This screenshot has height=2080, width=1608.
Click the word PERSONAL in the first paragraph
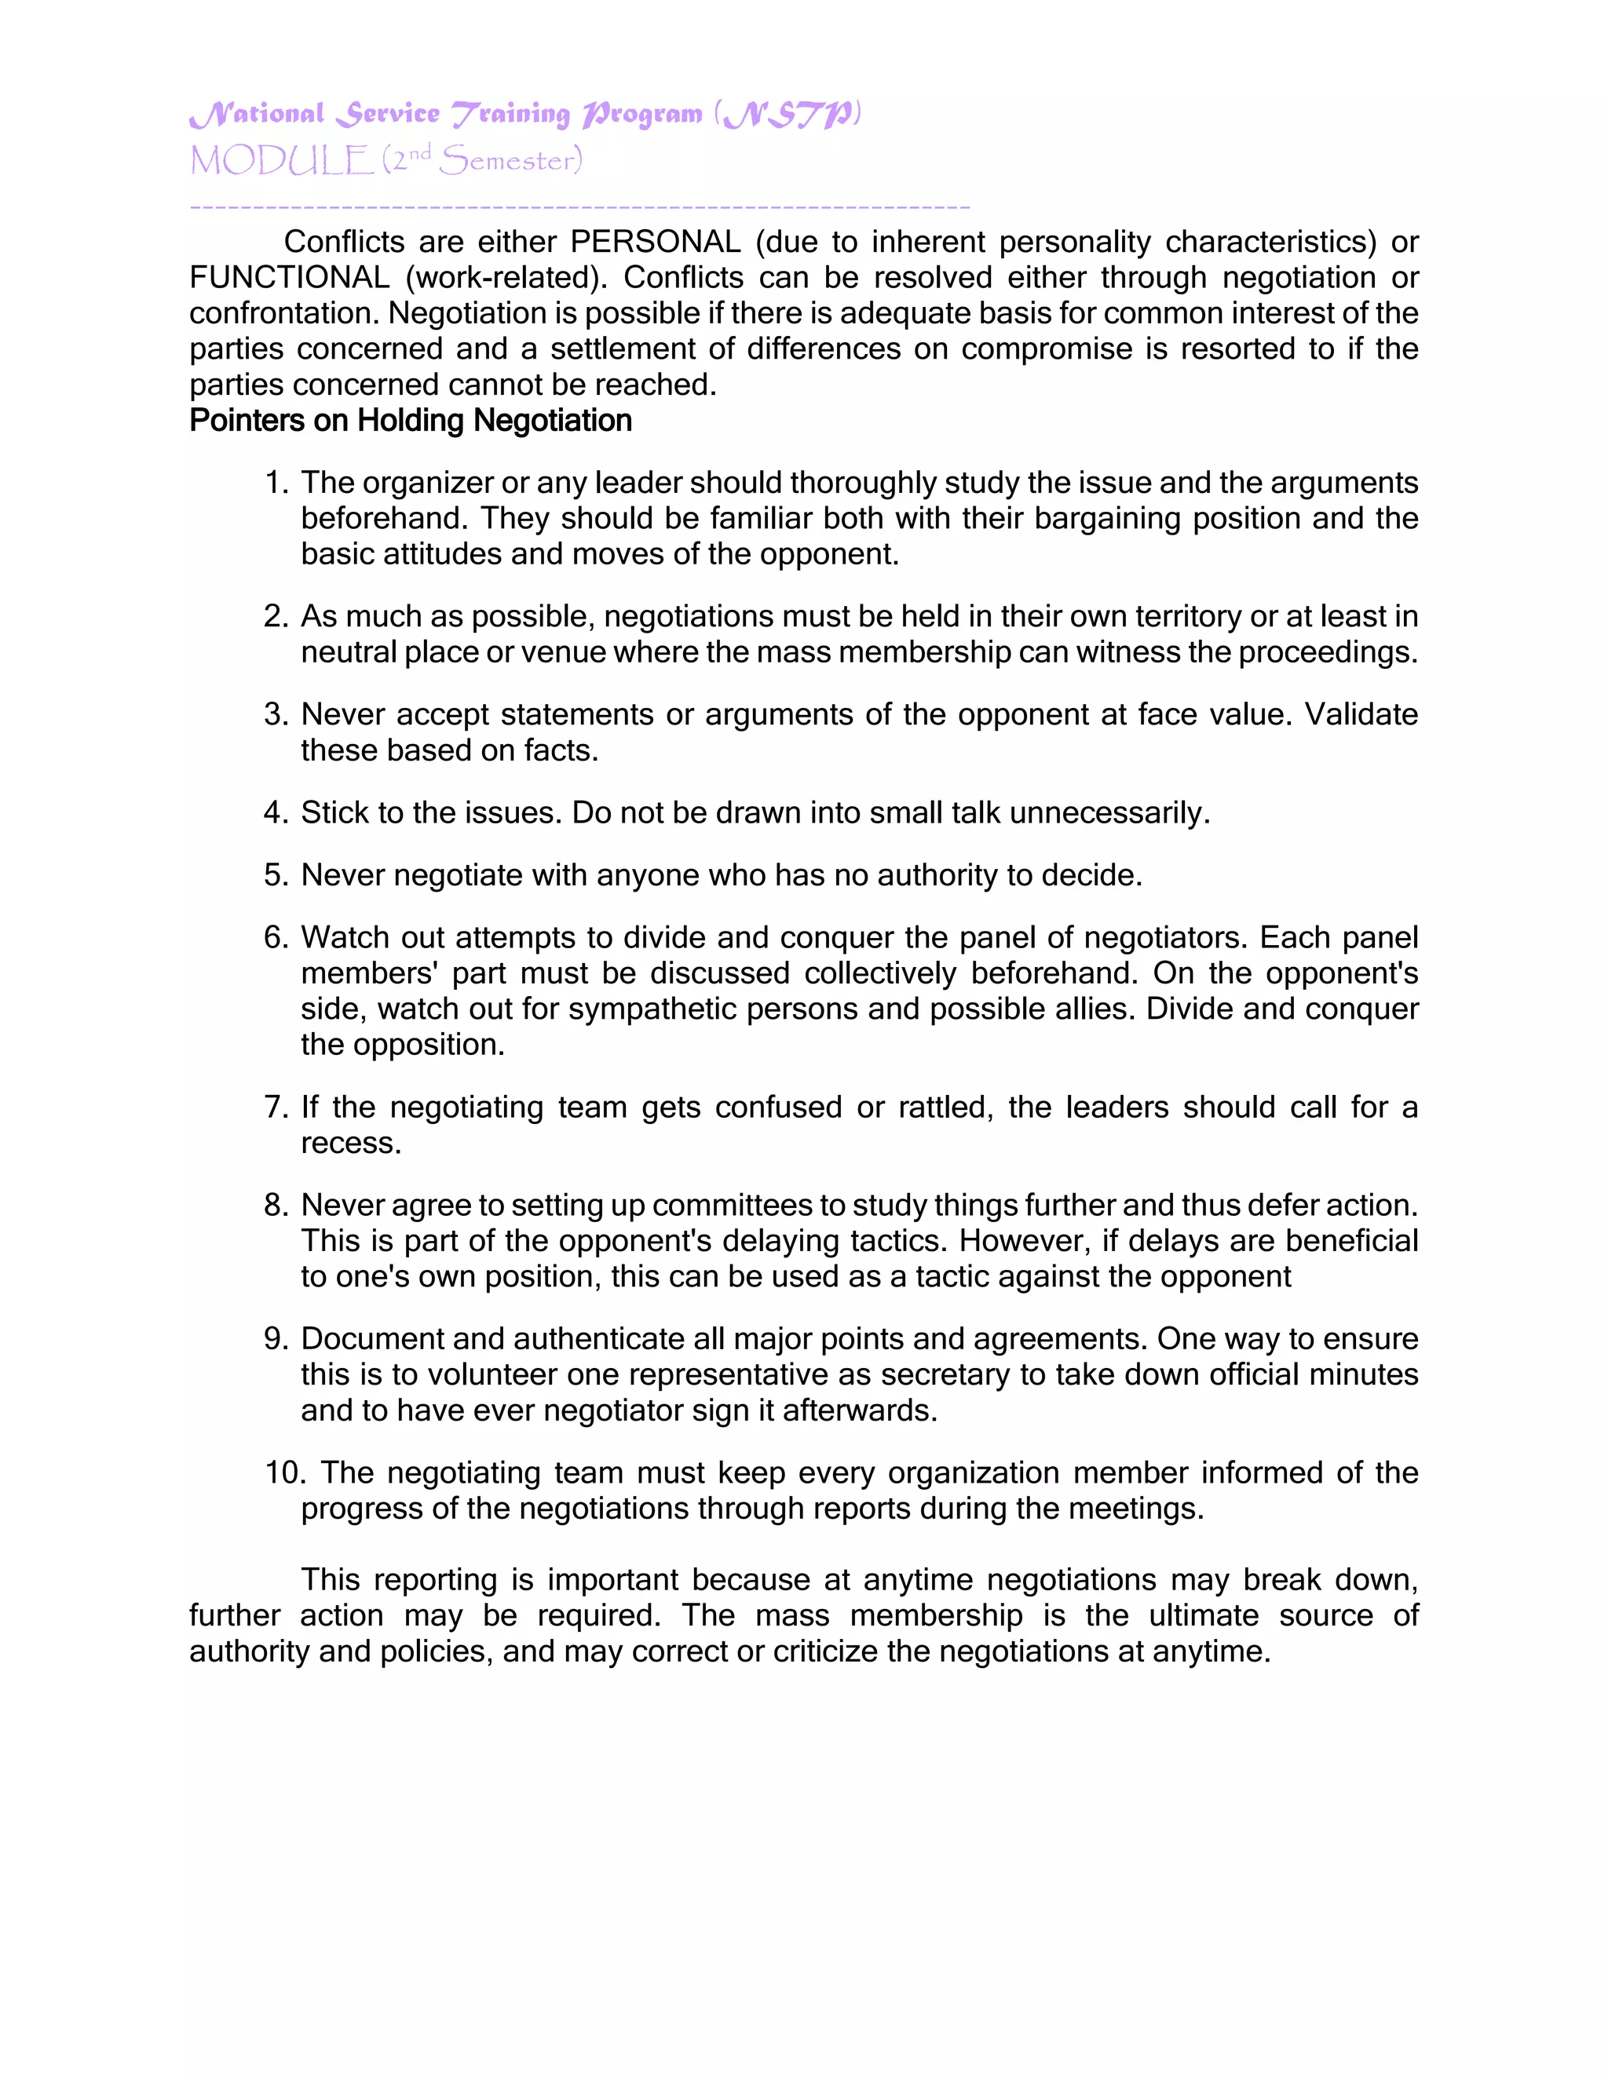[656, 242]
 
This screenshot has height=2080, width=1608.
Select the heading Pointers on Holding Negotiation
[411, 421]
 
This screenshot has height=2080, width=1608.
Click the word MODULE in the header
[281, 161]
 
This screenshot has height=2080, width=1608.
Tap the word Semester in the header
[508, 161]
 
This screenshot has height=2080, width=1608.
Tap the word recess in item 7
[349, 1144]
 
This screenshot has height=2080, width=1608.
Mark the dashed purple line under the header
[579, 206]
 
